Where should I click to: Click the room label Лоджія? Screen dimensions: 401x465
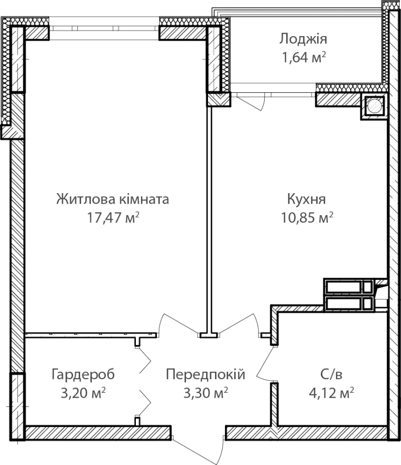tap(303, 39)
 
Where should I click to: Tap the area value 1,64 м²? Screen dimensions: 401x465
tap(304, 57)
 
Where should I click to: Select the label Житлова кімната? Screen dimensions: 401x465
tap(113, 199)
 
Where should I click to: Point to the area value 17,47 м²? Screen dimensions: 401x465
tap(113, 217)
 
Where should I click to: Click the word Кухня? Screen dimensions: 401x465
tap(306, 199)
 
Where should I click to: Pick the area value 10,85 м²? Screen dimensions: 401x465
tap(307, 217)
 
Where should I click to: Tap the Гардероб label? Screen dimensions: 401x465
tap(83, 375)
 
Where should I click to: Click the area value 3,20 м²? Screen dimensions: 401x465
tap(83, 393)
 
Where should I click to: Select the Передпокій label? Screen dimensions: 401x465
tap(206, 374)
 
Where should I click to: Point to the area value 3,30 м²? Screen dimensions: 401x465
tap(206, 393)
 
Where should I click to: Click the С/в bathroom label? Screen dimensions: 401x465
tap(331, 375)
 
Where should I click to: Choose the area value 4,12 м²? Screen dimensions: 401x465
tap(331, 393)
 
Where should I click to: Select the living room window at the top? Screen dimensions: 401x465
tap(104, 29)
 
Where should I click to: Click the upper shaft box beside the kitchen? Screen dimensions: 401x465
tap(348, 287)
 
